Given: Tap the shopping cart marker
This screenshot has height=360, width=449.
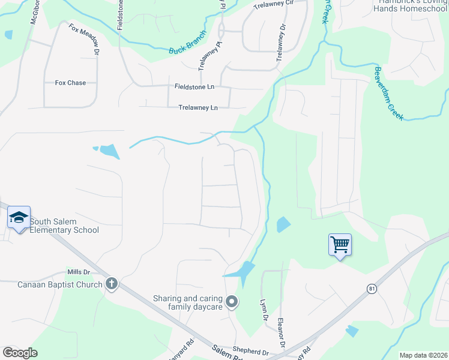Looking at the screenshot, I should point(340,244).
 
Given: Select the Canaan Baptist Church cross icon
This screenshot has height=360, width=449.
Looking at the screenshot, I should point(111,284).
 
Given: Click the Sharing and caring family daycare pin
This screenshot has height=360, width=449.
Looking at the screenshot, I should point(232,301).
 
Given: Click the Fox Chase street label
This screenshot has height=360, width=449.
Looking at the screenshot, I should point(70,83).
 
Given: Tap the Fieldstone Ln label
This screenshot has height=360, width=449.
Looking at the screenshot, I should point(194,87).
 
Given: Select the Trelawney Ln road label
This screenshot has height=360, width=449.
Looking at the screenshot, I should point(197,108).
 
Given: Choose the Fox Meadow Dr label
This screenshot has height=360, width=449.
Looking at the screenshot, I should point(83,40).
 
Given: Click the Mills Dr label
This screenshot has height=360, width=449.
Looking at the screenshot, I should point(78,272).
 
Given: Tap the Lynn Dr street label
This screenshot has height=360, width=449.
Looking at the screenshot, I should point(263,310).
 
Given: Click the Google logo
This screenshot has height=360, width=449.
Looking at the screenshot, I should point(20,353).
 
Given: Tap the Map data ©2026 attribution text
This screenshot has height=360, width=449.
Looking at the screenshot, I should point(423,355).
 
